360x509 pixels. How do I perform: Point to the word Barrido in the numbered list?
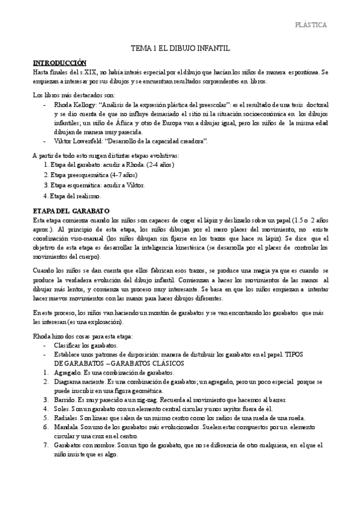click(65, 400)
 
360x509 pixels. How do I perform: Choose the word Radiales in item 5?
click(65, 418)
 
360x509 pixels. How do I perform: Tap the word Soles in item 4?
click(62, 409)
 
